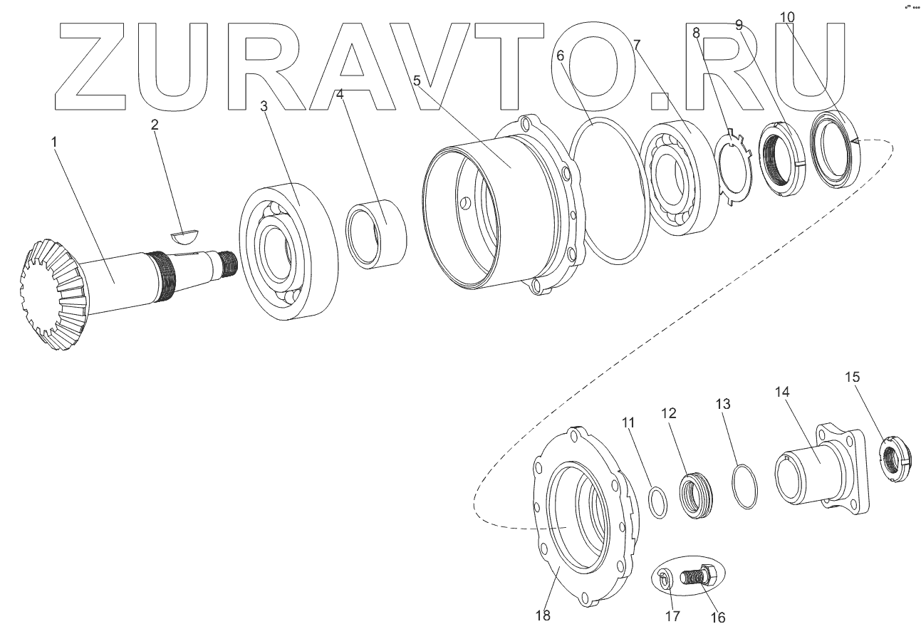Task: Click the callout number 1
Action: [x=54, y=142]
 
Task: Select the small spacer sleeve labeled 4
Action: [x=376, y=234]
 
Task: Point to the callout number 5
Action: [x=417, y=80]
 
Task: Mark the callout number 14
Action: [x=782, y=391]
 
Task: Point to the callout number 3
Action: [x=264, y=106]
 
